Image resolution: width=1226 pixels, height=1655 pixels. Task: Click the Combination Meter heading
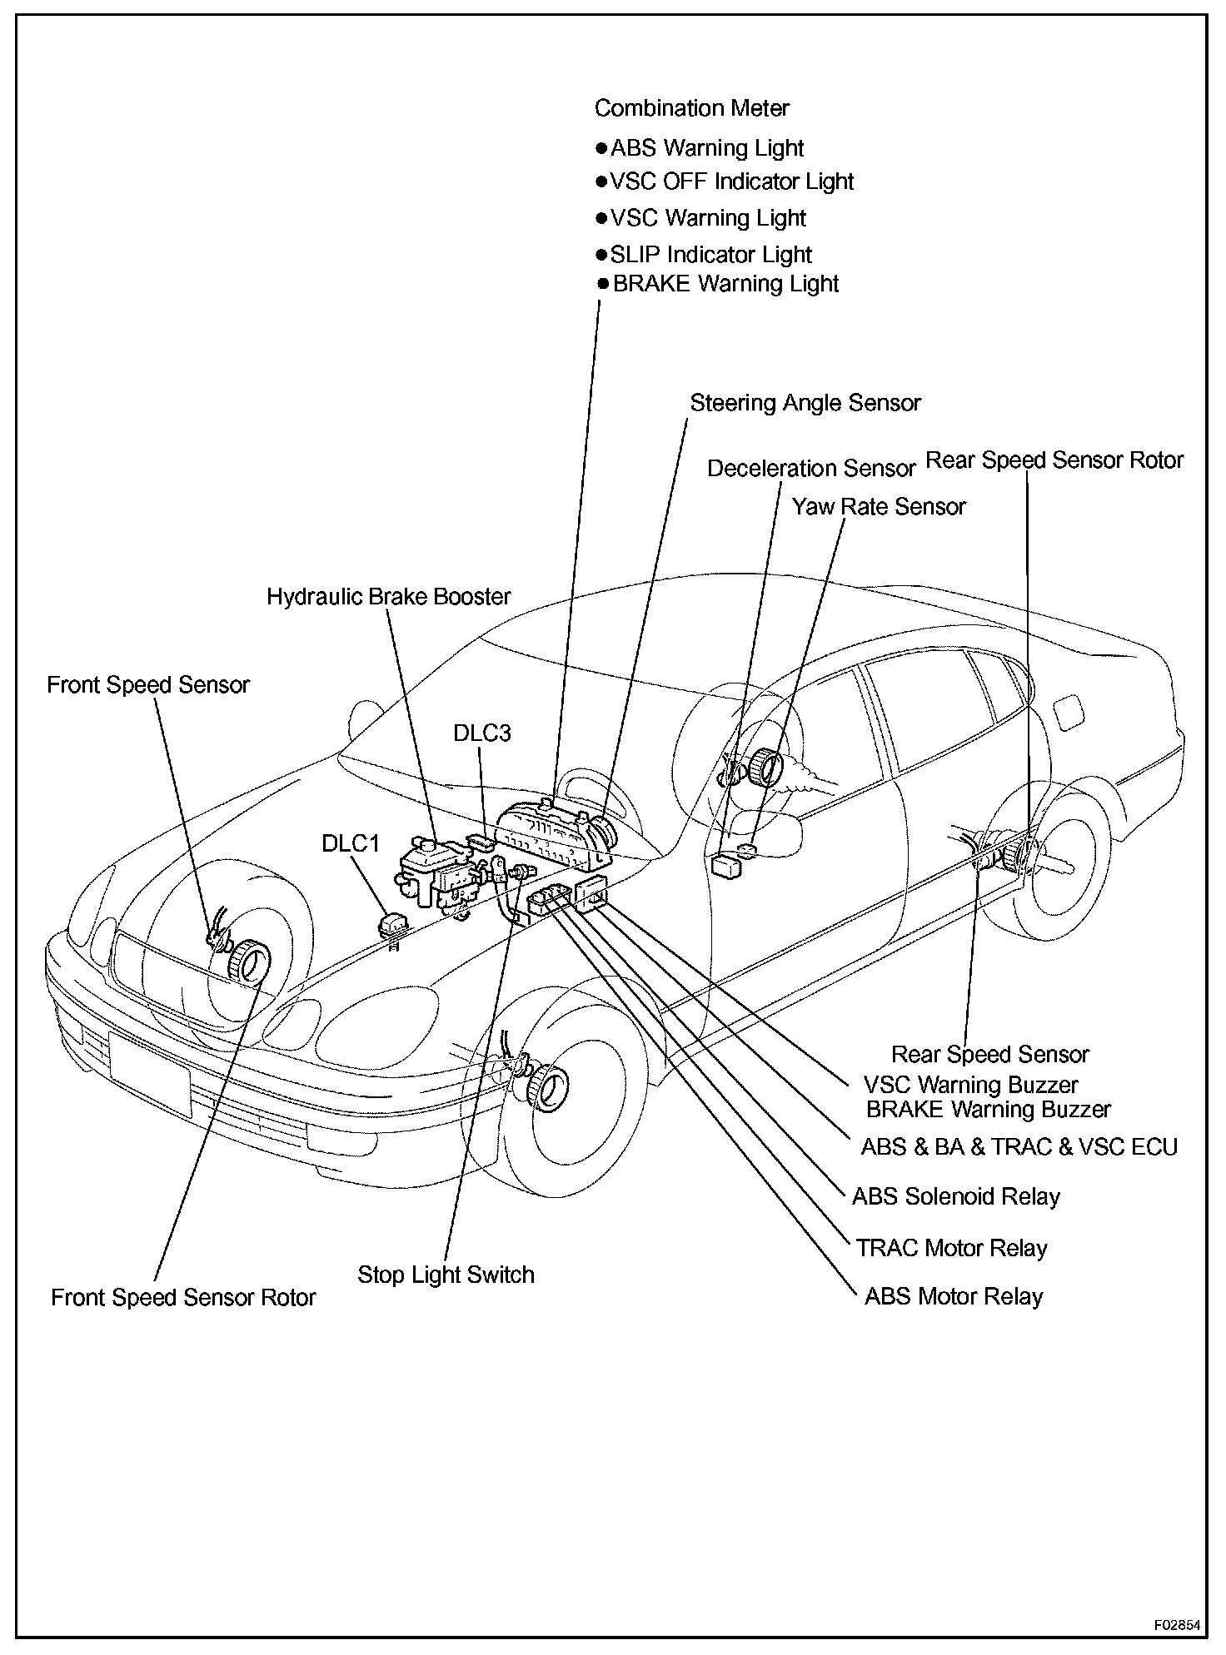tap(691, 108)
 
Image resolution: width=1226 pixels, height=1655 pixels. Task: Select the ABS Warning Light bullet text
tap(706, 148)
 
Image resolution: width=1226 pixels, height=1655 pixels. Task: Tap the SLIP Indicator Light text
tap(710, 254)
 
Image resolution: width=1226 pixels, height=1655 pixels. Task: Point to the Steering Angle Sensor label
tap(805, 403)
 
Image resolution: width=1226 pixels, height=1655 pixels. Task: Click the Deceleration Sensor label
tap(811, 469)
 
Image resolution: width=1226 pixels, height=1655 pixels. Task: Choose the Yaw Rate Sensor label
tap(879, 507)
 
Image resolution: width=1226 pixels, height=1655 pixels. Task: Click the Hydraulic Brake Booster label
tap(389, 597)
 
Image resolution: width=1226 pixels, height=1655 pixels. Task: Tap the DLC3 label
tap(482, 733)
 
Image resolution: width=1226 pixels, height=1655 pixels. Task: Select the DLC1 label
tap(351, 843)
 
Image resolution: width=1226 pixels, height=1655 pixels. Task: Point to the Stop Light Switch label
tap(446, 1275)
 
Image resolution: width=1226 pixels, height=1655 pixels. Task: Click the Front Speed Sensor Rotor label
tap(183, 1298)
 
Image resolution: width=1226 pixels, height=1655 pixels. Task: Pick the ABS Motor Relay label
tap(954, 1296)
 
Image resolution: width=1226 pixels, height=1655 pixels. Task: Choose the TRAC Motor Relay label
tap(951, 1248)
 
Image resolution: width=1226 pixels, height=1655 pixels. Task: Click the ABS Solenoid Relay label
tap(956, 1197)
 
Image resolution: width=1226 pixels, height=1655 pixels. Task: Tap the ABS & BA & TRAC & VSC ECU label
tap(1019, 1147)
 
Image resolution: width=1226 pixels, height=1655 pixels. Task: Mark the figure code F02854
tap(1177, 1625)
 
